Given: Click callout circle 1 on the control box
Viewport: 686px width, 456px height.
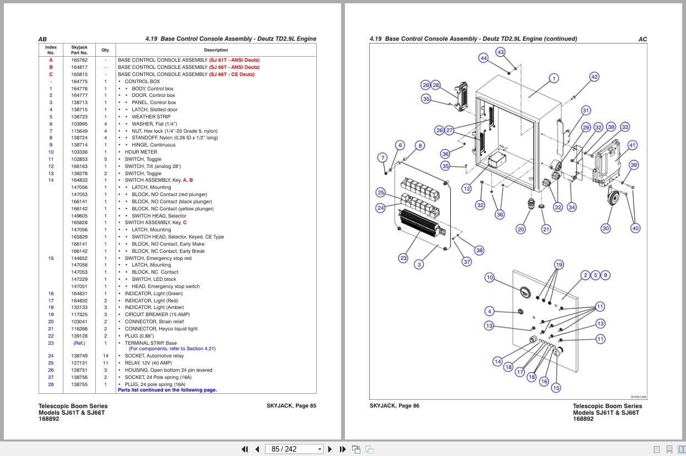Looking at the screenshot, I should [x=554, y=78].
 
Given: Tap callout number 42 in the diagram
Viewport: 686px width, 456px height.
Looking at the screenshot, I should [x=594, y=77].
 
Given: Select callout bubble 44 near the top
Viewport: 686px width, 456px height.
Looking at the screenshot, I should [x=483, y=58].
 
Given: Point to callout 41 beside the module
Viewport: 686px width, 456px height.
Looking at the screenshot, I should [x=633, y=145].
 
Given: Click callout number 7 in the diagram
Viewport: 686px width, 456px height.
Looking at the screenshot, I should [x=383, y=158].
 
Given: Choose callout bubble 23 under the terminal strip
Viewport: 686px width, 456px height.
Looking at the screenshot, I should [x=403, y=258].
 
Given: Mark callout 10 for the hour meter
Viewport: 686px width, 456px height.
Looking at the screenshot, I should [x=489, y=277].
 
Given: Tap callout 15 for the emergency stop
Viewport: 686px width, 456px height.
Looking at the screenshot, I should [x=556, y=388].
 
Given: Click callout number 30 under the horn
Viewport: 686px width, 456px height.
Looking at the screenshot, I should [x=606, y=229].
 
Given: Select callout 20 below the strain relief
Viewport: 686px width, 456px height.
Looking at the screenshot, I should [x=521, y=229].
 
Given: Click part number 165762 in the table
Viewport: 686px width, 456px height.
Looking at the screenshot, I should [x=79, y=60].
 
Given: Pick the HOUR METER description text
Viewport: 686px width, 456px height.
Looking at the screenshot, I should [x=141, y=152].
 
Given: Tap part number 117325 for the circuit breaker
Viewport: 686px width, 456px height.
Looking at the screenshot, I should [x=79, y=314].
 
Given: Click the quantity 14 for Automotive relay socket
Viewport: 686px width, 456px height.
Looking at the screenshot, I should [x=106, y=356].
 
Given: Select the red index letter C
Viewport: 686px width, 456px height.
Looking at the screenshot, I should [x=51, y=74].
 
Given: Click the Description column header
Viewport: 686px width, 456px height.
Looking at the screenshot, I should [x=216, y=50].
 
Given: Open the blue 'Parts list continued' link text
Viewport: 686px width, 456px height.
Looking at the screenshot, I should [x=167, y=390].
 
